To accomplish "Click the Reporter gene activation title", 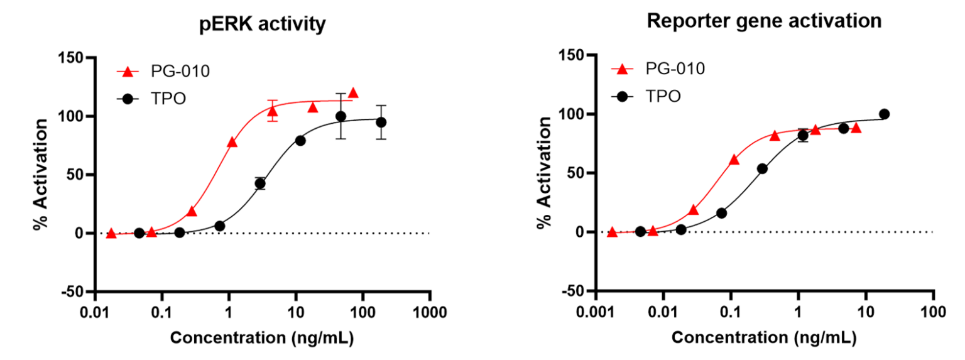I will point(764,21).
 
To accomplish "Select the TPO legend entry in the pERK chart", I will point(153,99).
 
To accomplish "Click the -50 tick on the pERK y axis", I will point(74,292).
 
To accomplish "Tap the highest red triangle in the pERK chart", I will point(353,93).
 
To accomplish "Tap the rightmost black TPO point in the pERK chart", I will point(381,122).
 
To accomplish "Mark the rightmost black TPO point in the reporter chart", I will point(884,114).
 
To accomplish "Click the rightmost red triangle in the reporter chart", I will point(856,128).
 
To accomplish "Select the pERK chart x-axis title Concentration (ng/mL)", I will point(262,338).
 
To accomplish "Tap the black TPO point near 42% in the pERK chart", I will point(260,183).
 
